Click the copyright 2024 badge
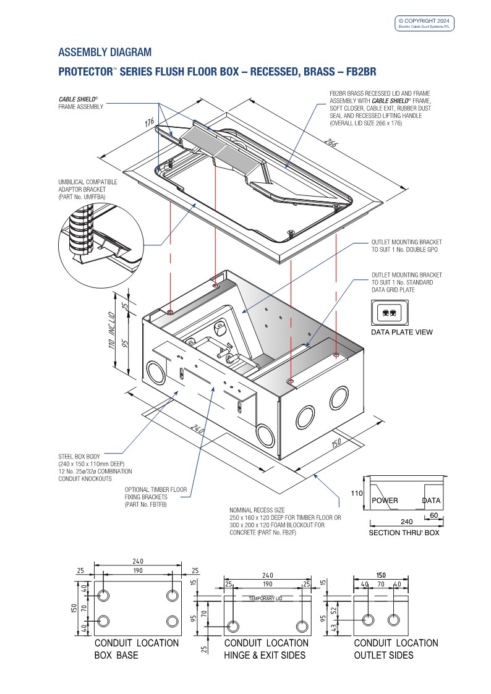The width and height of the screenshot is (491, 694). point(425,23)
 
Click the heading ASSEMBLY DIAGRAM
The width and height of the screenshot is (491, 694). point(105,52)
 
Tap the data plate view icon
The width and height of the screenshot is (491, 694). point(390,313)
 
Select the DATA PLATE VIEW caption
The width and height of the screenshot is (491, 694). point(402,332)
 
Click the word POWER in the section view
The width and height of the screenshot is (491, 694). point(385,501)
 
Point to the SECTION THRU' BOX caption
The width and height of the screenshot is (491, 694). point(404,533)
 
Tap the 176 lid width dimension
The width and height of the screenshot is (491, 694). point(150,123)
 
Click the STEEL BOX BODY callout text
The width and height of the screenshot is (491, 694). point(83,457)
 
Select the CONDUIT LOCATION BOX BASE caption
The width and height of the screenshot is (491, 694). point(136,649)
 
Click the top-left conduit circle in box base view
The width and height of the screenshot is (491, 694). point(104,595)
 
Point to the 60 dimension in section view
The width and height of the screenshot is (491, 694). point(433,515)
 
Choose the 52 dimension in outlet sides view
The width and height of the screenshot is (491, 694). point(334,611)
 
